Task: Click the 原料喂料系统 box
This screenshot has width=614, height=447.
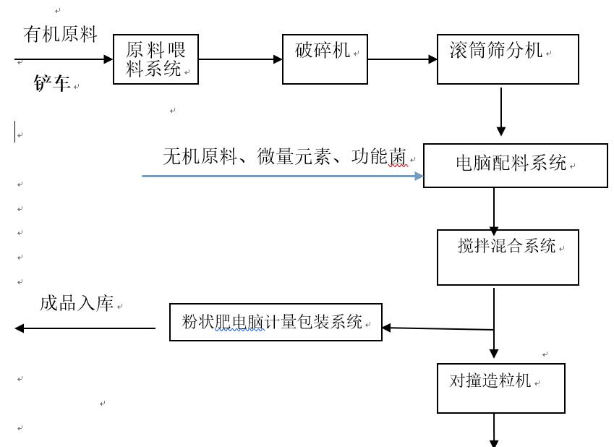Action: [155, 59]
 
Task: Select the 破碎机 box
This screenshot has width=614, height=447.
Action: [325, 59]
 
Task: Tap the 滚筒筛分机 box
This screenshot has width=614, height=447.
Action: [508, 59]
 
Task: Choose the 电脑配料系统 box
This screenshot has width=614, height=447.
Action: [515, 166]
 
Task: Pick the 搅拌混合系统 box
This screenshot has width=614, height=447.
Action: [508, 257]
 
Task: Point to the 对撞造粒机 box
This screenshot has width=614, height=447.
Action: [501, 388]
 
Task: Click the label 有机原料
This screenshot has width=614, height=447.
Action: [60, 34]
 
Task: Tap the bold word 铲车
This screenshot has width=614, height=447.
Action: [52, 84]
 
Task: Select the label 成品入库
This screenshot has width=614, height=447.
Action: [77, 304]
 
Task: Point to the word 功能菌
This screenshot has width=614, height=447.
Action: [380, 156]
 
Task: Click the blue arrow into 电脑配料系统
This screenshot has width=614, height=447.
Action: [282, 176]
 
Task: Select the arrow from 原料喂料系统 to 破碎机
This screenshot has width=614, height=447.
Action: [240, 59]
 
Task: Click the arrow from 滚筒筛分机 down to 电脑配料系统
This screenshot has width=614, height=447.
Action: [501, 111]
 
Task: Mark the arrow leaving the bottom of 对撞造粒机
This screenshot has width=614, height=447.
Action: [495, 430]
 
